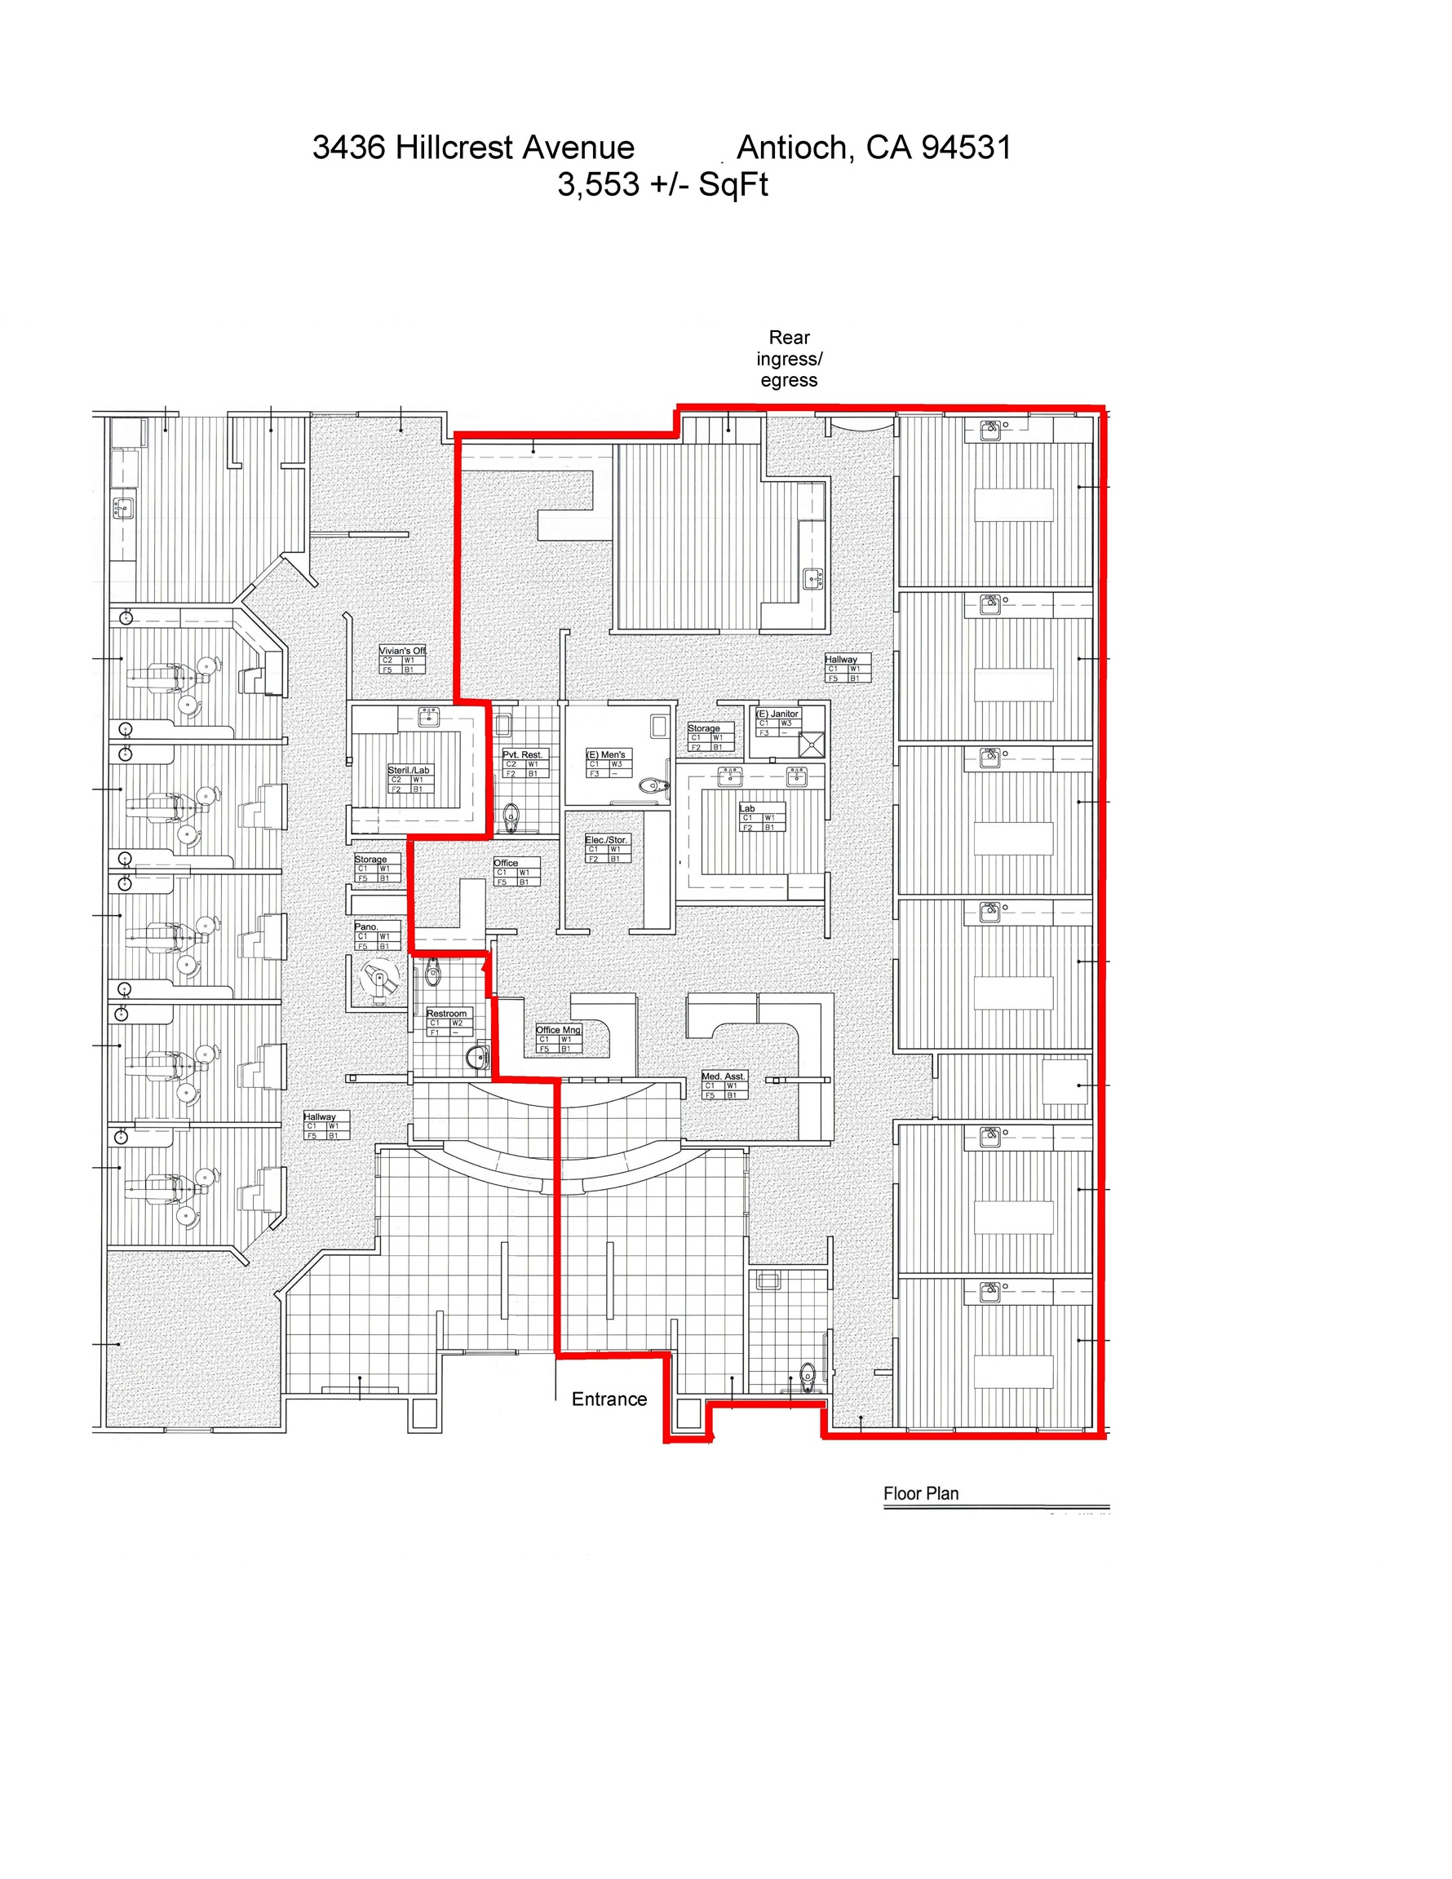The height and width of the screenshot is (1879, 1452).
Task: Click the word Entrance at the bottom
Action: (x=609, y=1399)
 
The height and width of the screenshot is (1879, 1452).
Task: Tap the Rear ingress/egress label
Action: (x=788, y=359)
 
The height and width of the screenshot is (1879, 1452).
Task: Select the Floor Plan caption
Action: (x=920, y=1493)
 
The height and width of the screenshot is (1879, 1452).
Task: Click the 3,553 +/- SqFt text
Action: (x=662, y=184)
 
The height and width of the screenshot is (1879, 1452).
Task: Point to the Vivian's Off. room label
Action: (x=402, y=652)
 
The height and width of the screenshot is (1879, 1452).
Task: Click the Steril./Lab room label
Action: (x=408, y=770)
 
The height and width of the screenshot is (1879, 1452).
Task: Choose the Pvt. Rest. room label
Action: (x=522, y=754)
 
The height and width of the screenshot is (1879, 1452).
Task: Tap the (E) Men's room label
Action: (x=606, y=754)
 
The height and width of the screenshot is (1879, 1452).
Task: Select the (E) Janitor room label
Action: (x=777, y=714)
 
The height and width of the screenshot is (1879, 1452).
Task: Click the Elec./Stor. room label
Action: (x=606, y=840)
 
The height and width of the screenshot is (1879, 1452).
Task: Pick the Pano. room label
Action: (x=365, y=926)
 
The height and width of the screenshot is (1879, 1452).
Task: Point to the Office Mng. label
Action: (x=559, y=1030)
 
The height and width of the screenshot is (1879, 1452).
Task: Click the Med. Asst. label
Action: (x=723, y=1077)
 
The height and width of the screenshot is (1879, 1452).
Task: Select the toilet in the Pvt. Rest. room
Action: (x=511, y=816)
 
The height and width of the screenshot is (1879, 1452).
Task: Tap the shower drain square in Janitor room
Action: (x=812, y=743)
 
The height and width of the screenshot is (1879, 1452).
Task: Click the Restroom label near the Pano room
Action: (x=447, y=1014)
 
